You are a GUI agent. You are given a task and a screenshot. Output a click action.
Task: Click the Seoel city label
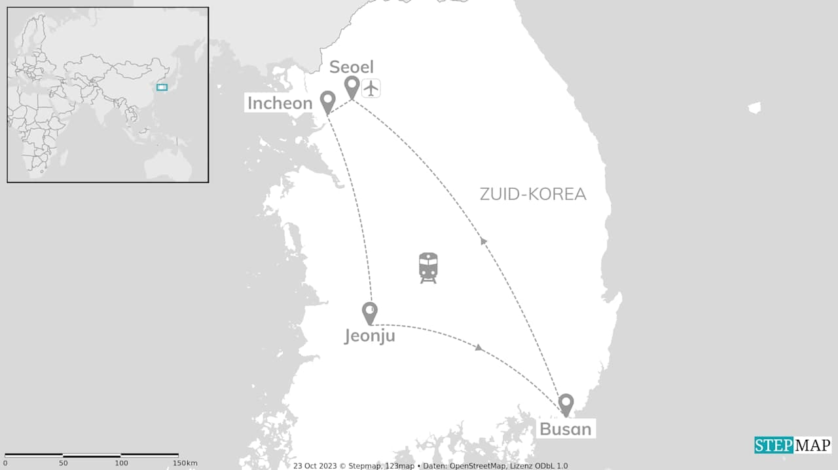pyautogui.click(x=352, y=67)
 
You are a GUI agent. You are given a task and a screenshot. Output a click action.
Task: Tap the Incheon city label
pyautogui.click(x=280, y=103)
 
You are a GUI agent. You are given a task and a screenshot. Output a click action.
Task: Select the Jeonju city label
pyautogui.click(x=370, y=336)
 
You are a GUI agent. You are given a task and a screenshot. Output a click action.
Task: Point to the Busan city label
pyautogui.click(x=565, y=429)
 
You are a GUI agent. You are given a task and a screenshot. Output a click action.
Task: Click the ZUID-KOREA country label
pyautogui.click(x=533, y=194)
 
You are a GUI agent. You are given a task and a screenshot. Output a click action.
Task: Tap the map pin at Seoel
pyautogui.click(x=352, y=87)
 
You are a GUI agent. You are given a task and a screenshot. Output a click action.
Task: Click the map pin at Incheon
pyautogui.click(x=328, y=101)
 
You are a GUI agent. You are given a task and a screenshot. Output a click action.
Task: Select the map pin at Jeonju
pyautogui.click(x=370, y=312)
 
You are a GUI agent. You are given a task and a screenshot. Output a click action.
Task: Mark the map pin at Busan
pyautogui.click(x=566, y=404)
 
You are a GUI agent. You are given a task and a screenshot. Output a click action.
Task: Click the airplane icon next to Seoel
pyautogui.click(x=371, y=88)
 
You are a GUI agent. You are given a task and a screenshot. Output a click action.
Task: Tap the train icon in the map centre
pyautogui.click(x=428, y=267)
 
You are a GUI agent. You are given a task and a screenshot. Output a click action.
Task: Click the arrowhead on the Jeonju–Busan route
pyautogui.click(x=479, y=347)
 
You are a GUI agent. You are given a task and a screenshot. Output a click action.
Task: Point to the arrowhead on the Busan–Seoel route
pyautogui.click(x=484, y=241)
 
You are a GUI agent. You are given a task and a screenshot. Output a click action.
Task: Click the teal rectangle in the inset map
pyautogui.click(x=162, y=87)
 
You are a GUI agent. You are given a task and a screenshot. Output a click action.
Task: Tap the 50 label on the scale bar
pyautogui.click(x=64, y=463)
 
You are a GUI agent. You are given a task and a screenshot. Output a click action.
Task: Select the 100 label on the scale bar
pyautogui.click(x=121, y=463)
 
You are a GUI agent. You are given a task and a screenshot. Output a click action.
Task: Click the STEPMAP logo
pyautogui.click(x=792, y=445)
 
